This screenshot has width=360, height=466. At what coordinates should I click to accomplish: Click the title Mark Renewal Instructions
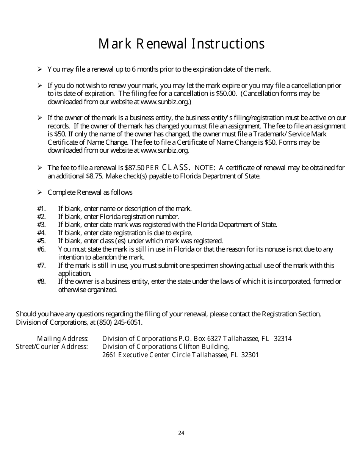coord(181,44)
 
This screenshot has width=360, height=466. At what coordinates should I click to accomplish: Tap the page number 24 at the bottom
coord(181,433)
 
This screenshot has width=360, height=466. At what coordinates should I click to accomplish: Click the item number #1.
coord(41,208)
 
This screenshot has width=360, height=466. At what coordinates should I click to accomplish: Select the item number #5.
coord(41,241)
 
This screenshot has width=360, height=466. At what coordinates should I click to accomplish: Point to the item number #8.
coord(41,281)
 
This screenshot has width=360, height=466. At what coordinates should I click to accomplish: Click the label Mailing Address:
coord(63,339)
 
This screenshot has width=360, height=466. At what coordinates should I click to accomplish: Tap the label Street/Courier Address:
coord(52,347)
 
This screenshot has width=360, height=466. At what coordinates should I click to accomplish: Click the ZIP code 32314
coord(282,339)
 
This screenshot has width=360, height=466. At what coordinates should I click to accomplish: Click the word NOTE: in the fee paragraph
coord(205,168)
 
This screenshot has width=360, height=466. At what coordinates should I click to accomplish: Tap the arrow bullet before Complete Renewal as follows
coord(39,192)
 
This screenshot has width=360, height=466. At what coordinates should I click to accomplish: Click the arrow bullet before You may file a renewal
coord(39,69)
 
